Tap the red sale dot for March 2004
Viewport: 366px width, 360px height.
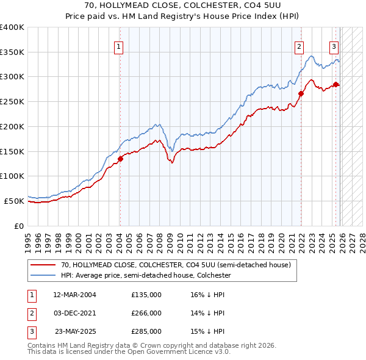120,159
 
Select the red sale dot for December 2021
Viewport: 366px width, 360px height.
301,93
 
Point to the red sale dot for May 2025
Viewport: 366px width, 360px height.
335,84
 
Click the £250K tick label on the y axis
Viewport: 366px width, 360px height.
12,102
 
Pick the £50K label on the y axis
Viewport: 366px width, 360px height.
15,201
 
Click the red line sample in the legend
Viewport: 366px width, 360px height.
43,265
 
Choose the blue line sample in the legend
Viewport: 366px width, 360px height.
43,276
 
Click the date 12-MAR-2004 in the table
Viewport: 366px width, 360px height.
75,295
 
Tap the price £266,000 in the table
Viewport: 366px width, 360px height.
146,313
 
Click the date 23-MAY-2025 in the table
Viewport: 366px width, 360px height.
76,331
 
